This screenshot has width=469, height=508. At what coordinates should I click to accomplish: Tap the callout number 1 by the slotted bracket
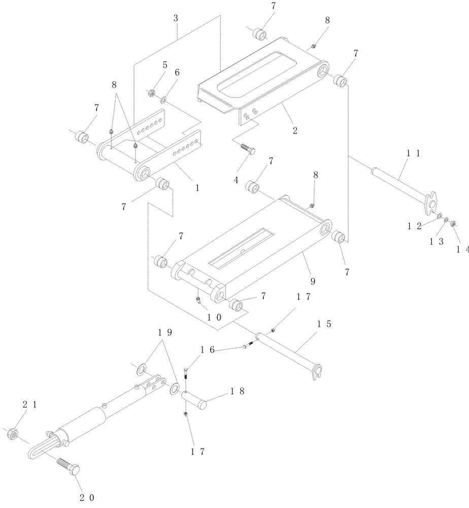pos(197,187)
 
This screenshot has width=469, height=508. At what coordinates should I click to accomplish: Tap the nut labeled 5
pos(150,93)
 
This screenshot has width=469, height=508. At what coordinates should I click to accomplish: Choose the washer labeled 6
pos(164,101)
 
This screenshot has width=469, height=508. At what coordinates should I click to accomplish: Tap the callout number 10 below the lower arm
pos(213,316)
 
